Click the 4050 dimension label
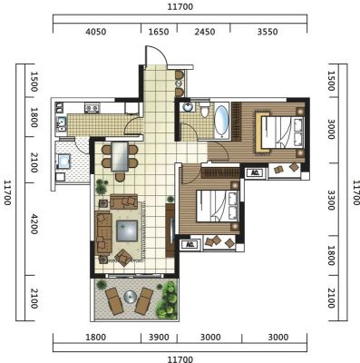(x=96, y=32)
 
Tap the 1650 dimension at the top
(x=159, y=32)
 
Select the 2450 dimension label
(x=205, y=32)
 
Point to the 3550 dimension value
(x=268, y=32)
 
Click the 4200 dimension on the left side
(x=34, y=224)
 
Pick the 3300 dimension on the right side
(x=331, y=200)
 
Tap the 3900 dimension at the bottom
(x=159, y=337)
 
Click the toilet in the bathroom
(x=204, y=110)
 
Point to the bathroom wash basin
(x=188, y=107)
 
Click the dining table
(x=120, y=157)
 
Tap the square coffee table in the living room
(x=127, y=231)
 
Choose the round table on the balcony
(x=131, y=297)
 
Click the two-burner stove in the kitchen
(x=92, y=108)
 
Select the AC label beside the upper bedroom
(x=256, y=172)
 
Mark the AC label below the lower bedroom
(x=190, y=244)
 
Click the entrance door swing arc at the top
(x=160, y=52)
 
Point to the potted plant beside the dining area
(x=102, y=187)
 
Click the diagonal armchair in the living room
(x=123, y=258)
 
